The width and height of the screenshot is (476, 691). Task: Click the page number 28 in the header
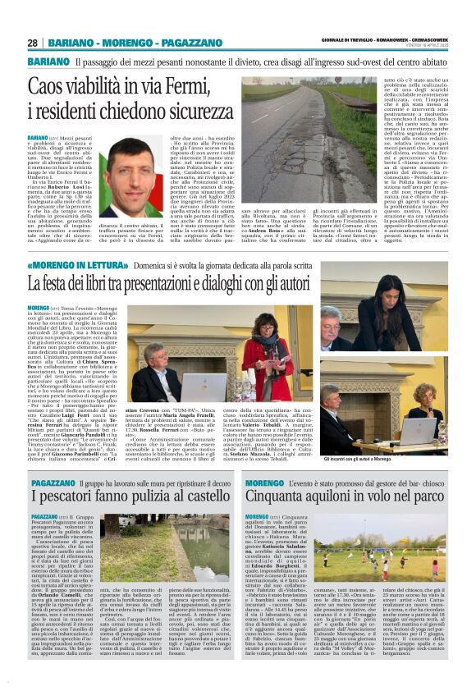(x=33, y=42)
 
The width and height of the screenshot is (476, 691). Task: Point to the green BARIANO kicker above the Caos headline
(x=47, y=62)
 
